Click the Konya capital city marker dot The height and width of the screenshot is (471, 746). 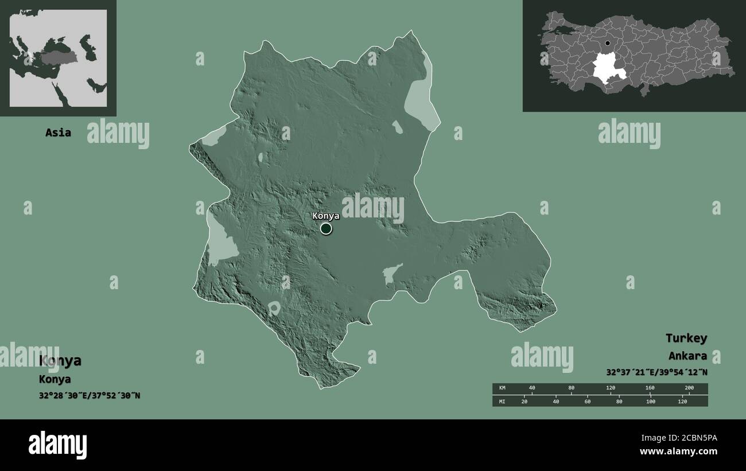[x=326, y=229]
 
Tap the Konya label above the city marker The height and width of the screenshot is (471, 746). [x=325, y=216]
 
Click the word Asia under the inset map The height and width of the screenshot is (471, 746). [x=59, y=133]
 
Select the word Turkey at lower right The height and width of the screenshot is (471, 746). [x=686, y=338]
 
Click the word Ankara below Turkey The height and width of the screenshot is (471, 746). [x=687, y=356]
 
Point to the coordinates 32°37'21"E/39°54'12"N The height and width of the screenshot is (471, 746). [x=656, y=372]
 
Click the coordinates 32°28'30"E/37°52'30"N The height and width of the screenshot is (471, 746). [x=90, y=396]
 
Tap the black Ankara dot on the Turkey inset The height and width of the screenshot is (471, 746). [x=608, y=43]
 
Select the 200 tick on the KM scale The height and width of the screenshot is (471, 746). [x=689, y=388]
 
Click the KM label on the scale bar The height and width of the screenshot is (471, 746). [x=502, y=388]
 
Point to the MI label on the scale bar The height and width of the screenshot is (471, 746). [x=502, y=401]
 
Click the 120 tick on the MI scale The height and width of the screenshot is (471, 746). [x=682, y=401]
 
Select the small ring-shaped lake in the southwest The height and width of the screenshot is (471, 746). [x=274, y=309]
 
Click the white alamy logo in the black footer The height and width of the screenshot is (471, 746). [x=57, y=445]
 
